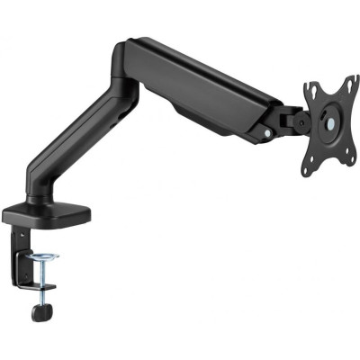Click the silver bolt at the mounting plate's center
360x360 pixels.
point(327,123)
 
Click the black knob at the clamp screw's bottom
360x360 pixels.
point(37,311)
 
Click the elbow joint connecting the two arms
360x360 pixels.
point(126,63)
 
